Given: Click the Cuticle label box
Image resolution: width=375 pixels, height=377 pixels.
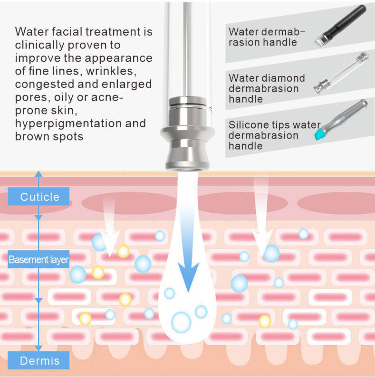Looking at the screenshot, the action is pyautogui.click(x=39, y=196).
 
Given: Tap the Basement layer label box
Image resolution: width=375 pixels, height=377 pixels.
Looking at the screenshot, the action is pyautogui.click(x=38, y=260).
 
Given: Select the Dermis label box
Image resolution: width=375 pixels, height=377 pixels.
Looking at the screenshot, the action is pyautogui.click(x=39, y=360).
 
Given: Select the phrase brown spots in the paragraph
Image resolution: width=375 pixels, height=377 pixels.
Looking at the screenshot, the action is pyautogui.click(x=49, y=137).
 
